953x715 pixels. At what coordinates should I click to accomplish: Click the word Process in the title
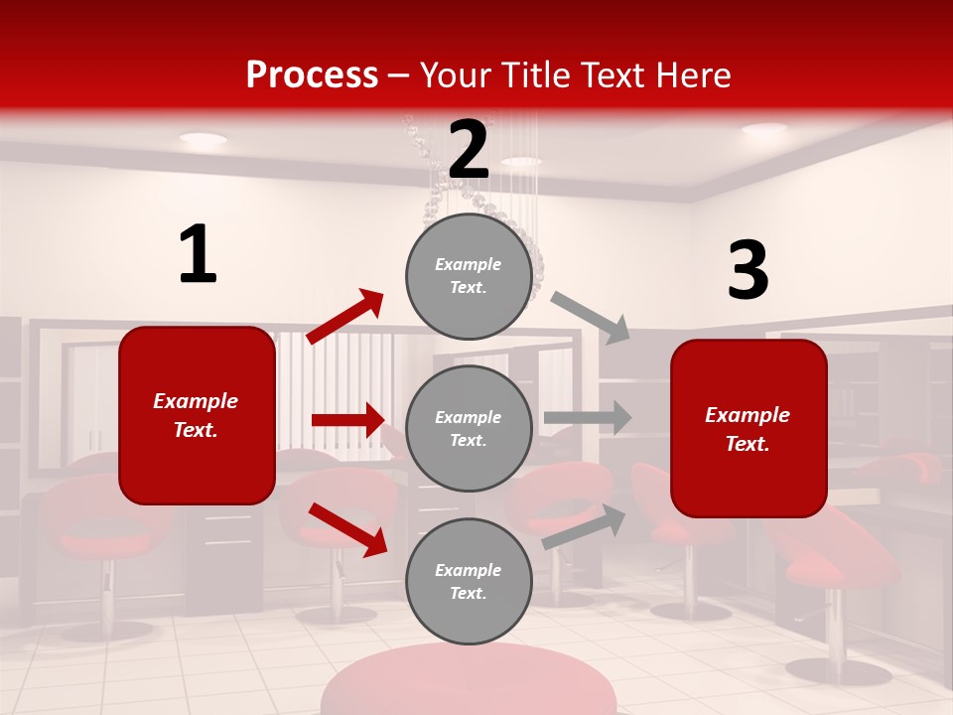coord(312,75)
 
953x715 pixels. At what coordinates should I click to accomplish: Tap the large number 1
coord(198,255)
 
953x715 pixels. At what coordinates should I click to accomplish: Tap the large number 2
coord(469,150)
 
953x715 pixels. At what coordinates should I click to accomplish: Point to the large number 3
coord(748,271)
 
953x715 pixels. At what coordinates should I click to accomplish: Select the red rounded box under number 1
coord(197,415)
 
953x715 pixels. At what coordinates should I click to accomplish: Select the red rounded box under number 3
coord(749,428)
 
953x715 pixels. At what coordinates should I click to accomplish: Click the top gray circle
coord(469,276)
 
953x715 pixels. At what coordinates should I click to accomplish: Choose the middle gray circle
coord(469,428)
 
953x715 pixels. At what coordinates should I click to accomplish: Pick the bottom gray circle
coord(469,581)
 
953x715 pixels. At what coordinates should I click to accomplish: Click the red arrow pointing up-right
coord(345,317)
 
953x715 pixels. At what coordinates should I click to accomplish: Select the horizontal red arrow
coord(347,420)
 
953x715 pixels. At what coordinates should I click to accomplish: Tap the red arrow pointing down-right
coord(348,528)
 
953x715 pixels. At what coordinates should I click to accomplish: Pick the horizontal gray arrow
coord(588,417)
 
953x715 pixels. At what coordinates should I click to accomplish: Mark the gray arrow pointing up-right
coord(585,526)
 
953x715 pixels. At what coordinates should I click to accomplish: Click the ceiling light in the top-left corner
coord(203,138)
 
